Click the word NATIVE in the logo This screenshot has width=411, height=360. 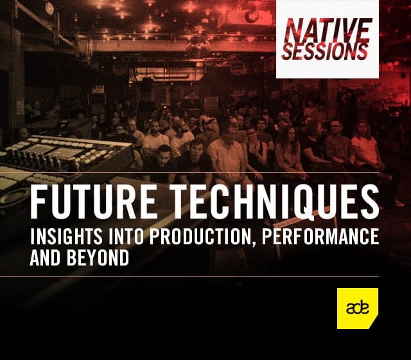click(x=328, y=30)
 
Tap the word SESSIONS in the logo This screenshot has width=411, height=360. click(x=325, y=51)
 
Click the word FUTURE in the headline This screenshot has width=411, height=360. click(x=93, y=201)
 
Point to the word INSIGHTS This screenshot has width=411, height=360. click(x=66, y=236)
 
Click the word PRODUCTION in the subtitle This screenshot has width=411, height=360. click(x=201, y=236)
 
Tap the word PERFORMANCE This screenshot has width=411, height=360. click(x=320, y=236)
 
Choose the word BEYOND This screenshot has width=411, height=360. click(x=98, y=257)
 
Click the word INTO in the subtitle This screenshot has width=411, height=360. click(x=126, y=236)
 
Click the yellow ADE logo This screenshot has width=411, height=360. click(x=358, y=309)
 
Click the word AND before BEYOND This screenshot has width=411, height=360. click(x=46, y=257)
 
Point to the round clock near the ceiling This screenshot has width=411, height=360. click(x=49, y=8)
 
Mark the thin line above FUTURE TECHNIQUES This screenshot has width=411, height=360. click(x=189, y=173)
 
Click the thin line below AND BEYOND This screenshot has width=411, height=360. click(x=189, y=276)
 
